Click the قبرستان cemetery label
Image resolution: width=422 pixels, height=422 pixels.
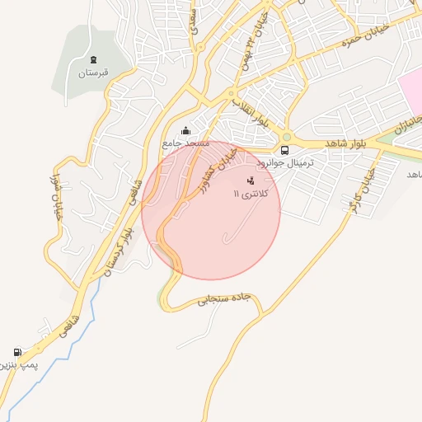tap(93, 73)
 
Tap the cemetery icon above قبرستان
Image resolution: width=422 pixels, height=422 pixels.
tap(93, 59)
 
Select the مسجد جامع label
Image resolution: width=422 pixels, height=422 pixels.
tap(185, 143)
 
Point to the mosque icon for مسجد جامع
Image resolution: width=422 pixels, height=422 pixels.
tap(185, 130)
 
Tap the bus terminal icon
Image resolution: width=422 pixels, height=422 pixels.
tap(284, 150)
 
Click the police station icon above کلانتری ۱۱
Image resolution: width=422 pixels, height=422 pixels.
tap(251, 180)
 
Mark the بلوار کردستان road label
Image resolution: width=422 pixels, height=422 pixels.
tap(118, 246)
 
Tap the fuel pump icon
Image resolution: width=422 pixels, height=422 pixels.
tap(18, 352)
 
